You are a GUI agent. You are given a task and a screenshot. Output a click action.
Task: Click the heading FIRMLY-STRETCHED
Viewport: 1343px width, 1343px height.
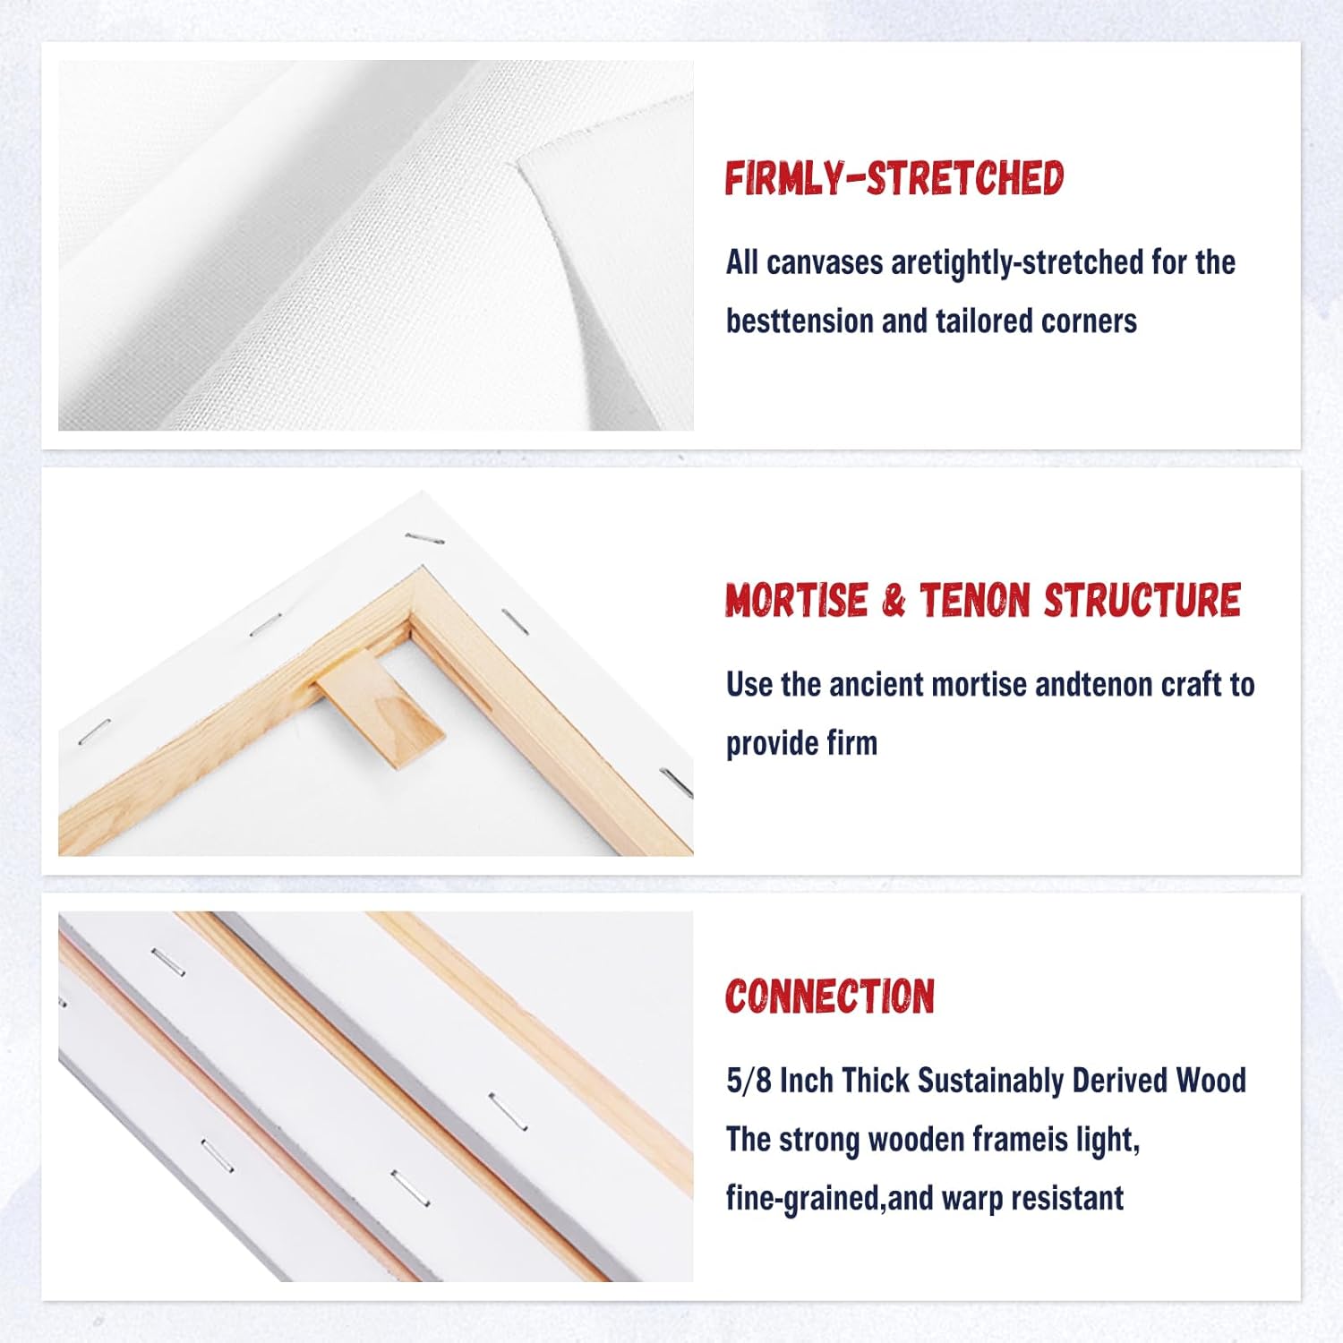894,178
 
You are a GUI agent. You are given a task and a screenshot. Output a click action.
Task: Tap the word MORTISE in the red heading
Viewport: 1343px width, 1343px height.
796,601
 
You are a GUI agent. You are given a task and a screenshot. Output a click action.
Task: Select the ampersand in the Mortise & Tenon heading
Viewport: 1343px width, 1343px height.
893,601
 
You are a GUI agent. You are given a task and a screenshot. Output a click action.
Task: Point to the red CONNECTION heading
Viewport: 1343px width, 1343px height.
829,997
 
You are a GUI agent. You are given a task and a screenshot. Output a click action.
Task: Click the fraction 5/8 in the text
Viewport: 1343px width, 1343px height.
748,1081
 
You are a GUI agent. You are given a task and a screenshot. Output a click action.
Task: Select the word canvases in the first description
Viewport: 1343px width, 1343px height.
824,262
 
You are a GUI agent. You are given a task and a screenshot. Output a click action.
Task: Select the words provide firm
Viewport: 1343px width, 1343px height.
801,743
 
